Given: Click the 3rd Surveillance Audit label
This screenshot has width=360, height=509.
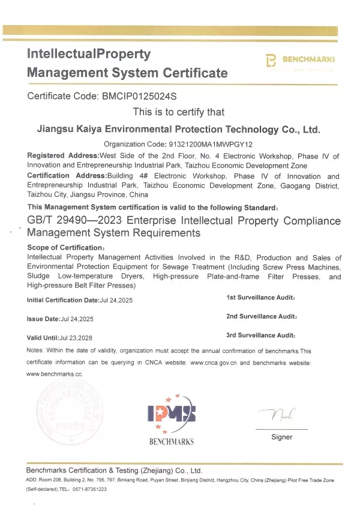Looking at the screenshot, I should (260, 336).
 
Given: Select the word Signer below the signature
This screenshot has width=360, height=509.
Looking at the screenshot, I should (281, 437).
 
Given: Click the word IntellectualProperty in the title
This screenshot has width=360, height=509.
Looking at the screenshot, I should (88, 53).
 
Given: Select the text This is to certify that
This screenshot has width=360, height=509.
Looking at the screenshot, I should (178, 112).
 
